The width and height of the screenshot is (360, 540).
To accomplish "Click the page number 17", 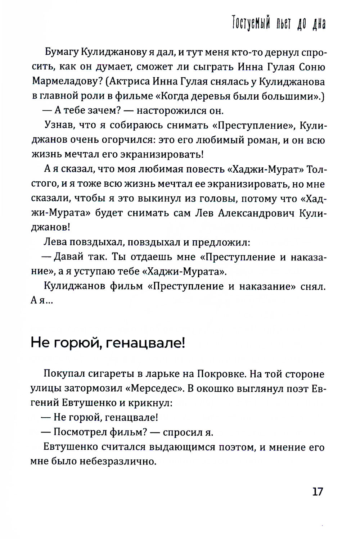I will point(318,491).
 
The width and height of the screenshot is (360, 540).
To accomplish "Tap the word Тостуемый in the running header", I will point(251,24).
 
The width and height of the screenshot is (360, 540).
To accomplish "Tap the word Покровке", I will point(220,374).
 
